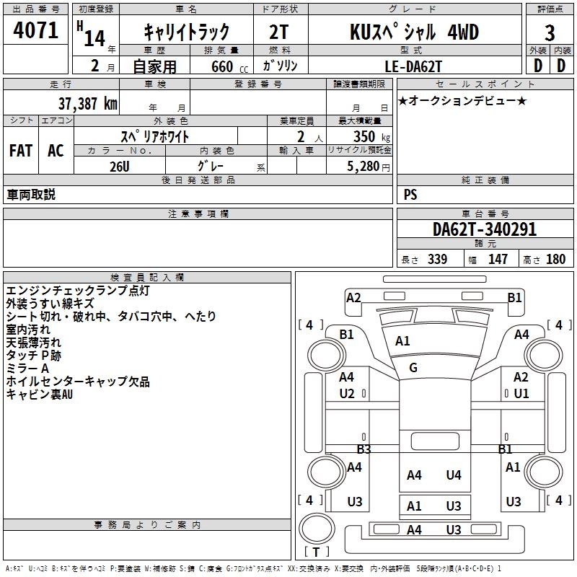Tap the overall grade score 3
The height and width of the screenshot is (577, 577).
click(x=550, y=33)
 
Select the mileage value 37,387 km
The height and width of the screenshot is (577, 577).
click(x=88, y=103)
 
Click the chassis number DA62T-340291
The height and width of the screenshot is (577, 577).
click(x=484, y=229)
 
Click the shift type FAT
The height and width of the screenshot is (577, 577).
click(x=21, y=150)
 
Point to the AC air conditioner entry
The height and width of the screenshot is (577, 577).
click(x=56, y=150)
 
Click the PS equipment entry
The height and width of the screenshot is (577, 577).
click(x=410, y=195)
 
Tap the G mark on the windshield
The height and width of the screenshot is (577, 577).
click(x=413, y=368)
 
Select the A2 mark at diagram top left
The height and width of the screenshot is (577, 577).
click(x=353, y=298)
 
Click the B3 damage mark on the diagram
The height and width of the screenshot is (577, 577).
click(x=364, y=449)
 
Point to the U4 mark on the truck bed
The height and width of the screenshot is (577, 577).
click(x=454, y=475)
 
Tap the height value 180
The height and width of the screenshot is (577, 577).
click(x=556, y=260)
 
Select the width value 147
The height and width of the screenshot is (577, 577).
click(x=498, y=260)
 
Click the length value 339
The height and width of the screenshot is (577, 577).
click(x=436, y=260)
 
